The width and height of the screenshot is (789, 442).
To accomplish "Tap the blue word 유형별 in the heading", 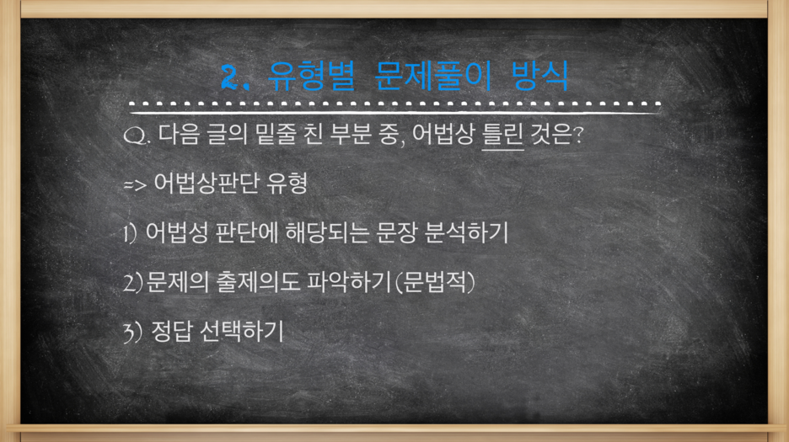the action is pyautogui.click(x=311, y=76).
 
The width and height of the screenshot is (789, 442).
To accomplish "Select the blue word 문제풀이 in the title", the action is pyautogui.click(x=432, y=76).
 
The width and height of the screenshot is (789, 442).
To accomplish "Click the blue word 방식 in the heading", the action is pyautogui.click(x=540, y=76).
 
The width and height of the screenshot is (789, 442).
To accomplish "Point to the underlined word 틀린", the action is pyautogui.click(x=502, y=134).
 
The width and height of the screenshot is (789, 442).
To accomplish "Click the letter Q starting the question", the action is pyautogui.click(x=134, y=136).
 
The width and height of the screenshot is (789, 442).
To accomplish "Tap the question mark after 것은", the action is pyautogui.click(x=578, y=134).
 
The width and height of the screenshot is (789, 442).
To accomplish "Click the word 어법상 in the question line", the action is pyautogui.click(x=443, y=134).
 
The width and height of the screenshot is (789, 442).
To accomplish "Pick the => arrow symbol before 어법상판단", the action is pyautogui.click(x=135, y=185).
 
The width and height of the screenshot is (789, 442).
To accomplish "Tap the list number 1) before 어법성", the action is pyautogui.click(x=131, y=233).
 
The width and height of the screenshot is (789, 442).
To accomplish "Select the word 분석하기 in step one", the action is pyautogui.click(x=466, y=233).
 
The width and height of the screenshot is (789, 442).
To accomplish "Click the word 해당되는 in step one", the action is pyautogui.click(x=327, y=233).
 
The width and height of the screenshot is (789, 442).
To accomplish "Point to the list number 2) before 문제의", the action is pyautogui.click(x=133, y=283).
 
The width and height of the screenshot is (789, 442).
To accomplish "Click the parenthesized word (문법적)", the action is pyautogui.click(x=435, y=282).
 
